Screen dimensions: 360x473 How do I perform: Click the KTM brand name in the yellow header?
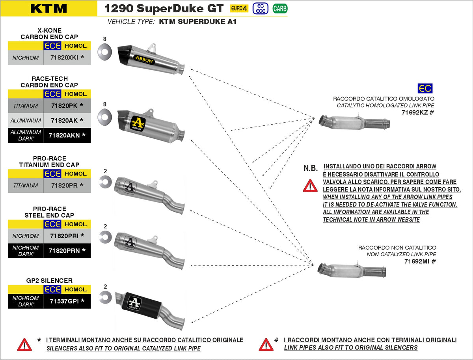click(x=48, y=8)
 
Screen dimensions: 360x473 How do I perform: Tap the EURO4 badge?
click(x=239, y=8)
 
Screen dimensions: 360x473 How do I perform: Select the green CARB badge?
click(x=280, y=8)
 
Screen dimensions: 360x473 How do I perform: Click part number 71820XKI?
click(x=64, y=58)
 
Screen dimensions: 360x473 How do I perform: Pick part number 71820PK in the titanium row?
click(x=64, y=106)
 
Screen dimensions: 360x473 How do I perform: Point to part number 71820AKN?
click(x=64, y=135)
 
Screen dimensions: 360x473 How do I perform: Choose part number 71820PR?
click(x=64, y=185)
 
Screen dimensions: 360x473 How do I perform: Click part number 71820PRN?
click(x=64, y=250)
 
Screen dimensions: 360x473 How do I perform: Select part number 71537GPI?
click(x=64, y=301)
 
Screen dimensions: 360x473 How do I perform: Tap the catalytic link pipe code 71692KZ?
click(x=415, y=112)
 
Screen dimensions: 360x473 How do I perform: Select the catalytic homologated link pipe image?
click(x=354, y=123)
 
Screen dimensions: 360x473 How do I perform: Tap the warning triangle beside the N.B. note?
click(x=310, y=185)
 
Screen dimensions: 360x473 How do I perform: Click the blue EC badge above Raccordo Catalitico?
click(x=425, y=88)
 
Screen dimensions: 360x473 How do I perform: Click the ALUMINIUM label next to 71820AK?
click(x=26, y=121)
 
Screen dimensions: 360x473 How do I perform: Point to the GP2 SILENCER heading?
click(x=49, y=281)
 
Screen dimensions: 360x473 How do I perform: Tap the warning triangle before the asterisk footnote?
click(x=24, y=344)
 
